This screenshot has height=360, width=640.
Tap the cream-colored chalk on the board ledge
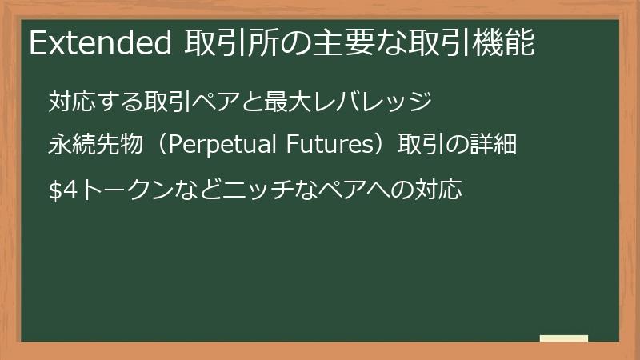(x=564, y=338)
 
